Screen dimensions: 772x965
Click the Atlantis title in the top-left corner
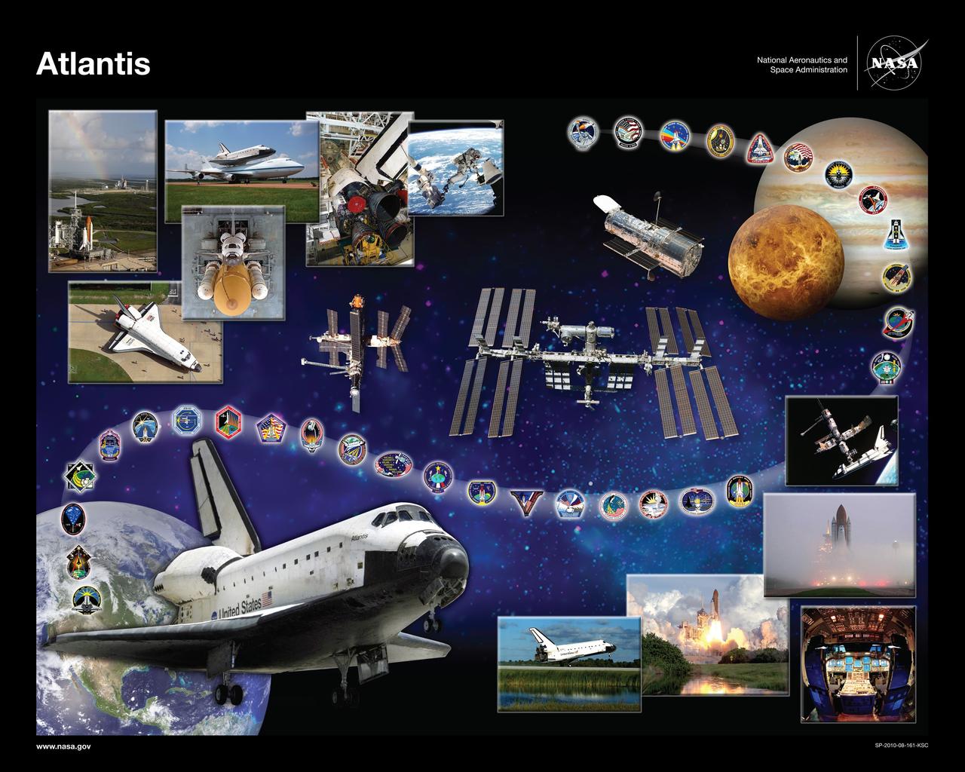(x=93, y=64)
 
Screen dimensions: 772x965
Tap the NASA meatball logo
(x=893, y=64)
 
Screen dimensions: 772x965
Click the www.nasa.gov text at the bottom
(x=63, y=746)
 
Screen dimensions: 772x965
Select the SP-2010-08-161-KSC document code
(x=901, y=746)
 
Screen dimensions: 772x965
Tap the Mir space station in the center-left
(x=358, y=343)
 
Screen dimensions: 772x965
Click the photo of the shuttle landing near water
(x=568, y=663)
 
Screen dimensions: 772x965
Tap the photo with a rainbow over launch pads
(x=103, y=190)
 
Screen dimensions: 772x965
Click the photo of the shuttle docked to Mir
(x=841, y=440)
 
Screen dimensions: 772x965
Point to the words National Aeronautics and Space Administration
(x=801, y=65)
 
